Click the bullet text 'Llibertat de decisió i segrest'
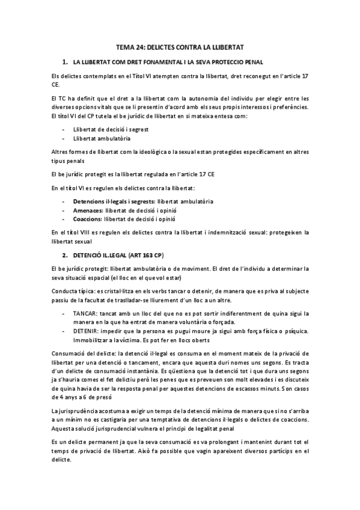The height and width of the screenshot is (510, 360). pyautogui.click(x=111, y=129)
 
